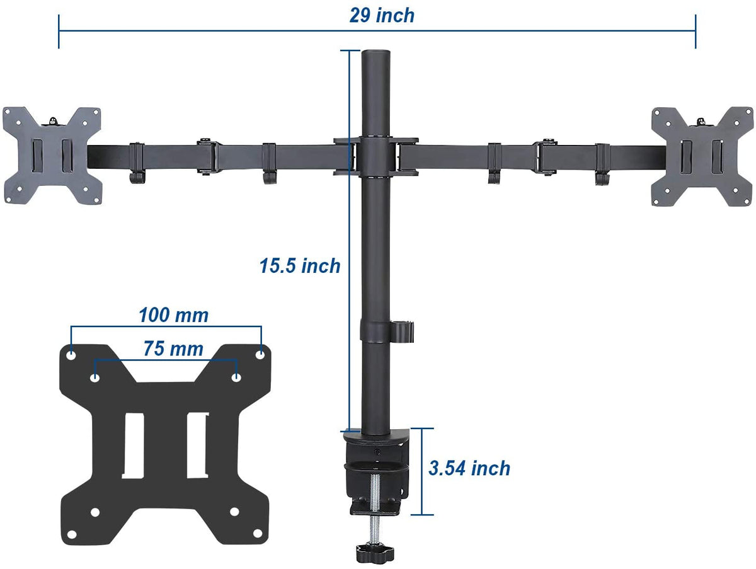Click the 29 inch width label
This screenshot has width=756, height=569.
pos(382,15)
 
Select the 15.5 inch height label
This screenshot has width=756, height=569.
pos(300,266)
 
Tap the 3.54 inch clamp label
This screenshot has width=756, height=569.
pos(469,468)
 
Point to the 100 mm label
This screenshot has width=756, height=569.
pos(173,314)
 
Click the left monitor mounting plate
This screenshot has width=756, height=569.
pos(53,155)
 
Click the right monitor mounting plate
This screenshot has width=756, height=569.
pos(702,155)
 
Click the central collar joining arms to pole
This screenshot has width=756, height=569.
pos(376,154)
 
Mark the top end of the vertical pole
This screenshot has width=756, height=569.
pos(375,54)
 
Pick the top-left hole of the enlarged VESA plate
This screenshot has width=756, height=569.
pos(71,355)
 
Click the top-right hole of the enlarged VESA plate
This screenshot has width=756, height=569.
pos(260,355)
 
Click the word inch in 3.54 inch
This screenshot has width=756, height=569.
pos(490,468)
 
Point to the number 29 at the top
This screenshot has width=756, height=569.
pos(360,15)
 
